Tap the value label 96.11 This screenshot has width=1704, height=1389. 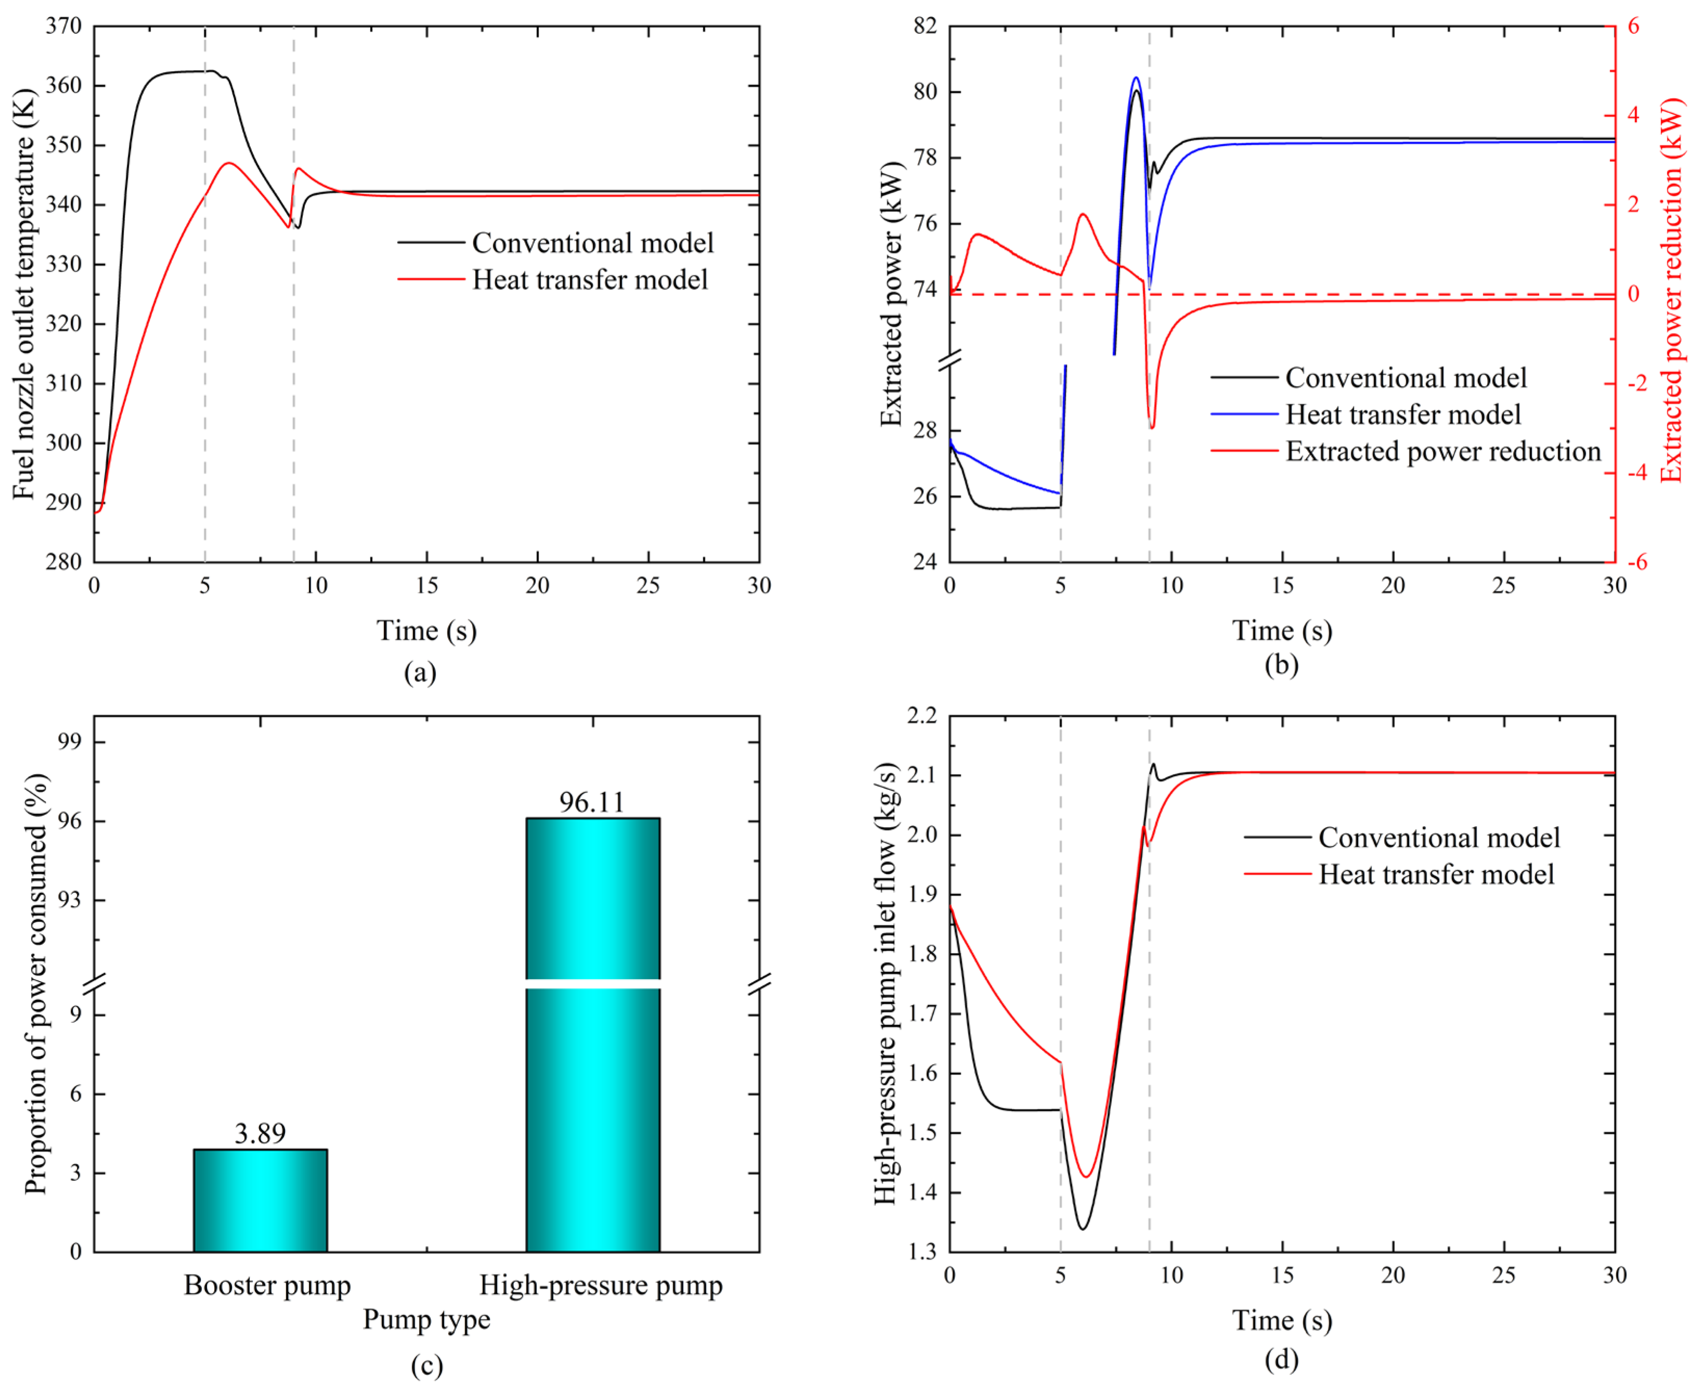click(591, 802)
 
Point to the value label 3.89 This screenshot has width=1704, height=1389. click(260, 1133)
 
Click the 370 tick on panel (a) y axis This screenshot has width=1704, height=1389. click(64, 27)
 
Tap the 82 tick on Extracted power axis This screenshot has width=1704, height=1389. click(925, 27)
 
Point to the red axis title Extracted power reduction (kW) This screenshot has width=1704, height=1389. click(1671, 292)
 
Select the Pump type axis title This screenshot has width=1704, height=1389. click(427, 1319)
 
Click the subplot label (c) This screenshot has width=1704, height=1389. click(427, 1366)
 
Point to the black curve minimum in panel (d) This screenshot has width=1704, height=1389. click(1083, 1228)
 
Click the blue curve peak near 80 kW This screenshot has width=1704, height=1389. click(1136, 78)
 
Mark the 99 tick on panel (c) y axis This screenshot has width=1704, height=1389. click(70, 742)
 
